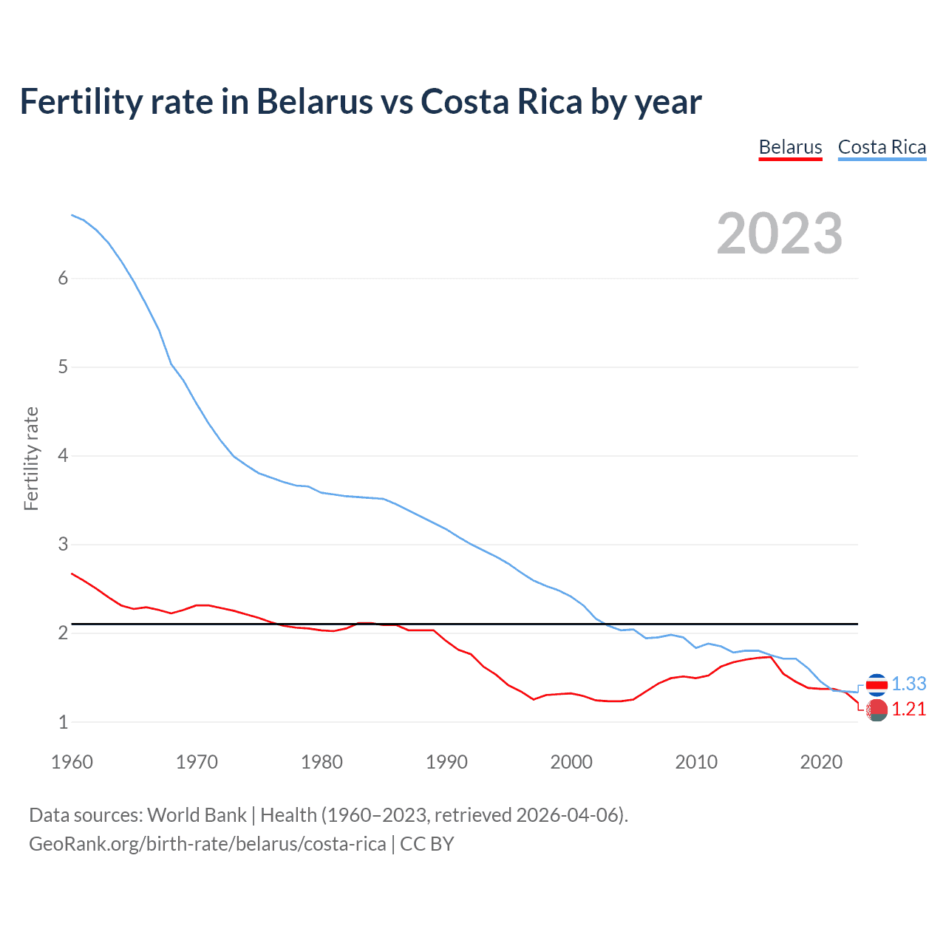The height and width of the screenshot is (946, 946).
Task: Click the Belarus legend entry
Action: pos(790,147)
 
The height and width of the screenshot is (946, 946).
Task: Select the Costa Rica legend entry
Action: pos(882,147)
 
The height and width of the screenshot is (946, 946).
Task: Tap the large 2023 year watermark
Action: pos(780,234)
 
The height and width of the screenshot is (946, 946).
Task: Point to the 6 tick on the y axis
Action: pos(63,278)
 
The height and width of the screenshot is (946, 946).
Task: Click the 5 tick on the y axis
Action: pos(63,367)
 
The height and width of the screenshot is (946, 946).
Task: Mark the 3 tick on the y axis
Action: pos(63,544)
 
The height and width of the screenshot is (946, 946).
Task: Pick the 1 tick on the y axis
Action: pos(63,722)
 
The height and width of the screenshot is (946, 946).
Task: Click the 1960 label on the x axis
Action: pos(72,762)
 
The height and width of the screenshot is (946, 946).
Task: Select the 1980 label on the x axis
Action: pos(321,762)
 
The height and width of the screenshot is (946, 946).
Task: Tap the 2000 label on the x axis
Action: pos(571,762)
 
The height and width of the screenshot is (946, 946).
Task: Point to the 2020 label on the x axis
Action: pos(821,762)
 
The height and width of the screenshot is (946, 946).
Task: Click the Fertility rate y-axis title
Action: pos(31,458)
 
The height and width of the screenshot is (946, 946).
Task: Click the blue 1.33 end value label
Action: pos(908,684)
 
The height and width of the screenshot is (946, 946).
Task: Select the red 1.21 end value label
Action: pos(908,709)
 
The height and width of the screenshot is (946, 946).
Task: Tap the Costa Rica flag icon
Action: pos(877,685)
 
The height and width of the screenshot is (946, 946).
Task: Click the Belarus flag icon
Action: pos(877,710)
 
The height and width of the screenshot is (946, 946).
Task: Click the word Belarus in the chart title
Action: pos(314,101)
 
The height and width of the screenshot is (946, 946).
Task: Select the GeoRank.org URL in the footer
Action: pos(207,844)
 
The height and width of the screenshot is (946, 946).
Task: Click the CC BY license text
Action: pos(427,844)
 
